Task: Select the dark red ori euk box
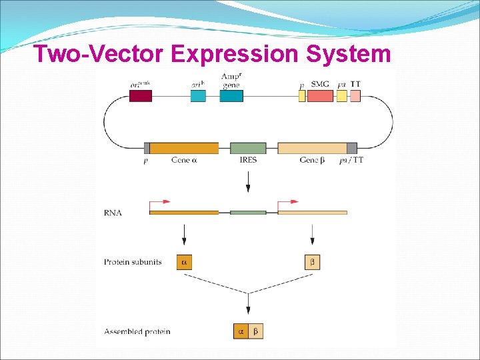click(x=140, y=95)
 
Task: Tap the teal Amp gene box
click(x=231, y=95)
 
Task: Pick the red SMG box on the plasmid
click(x=320, y=95)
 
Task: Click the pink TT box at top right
click(x=355, y=95)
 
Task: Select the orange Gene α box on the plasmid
click(x=184, y=148)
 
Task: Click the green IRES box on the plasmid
click(x=248, y=148)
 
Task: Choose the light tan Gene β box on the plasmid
click(x=312, y=148)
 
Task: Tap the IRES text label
click(x=248, y=160)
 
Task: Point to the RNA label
click(x=113, y=213)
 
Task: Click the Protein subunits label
click(x=133, y=262)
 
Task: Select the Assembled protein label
click(x=137, y=331)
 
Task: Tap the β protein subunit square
click(x=312, y=262)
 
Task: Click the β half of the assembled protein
click(x=256, y=331)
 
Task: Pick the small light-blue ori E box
click(x=198, y=95)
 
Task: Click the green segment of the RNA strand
click(x=248, y=213)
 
